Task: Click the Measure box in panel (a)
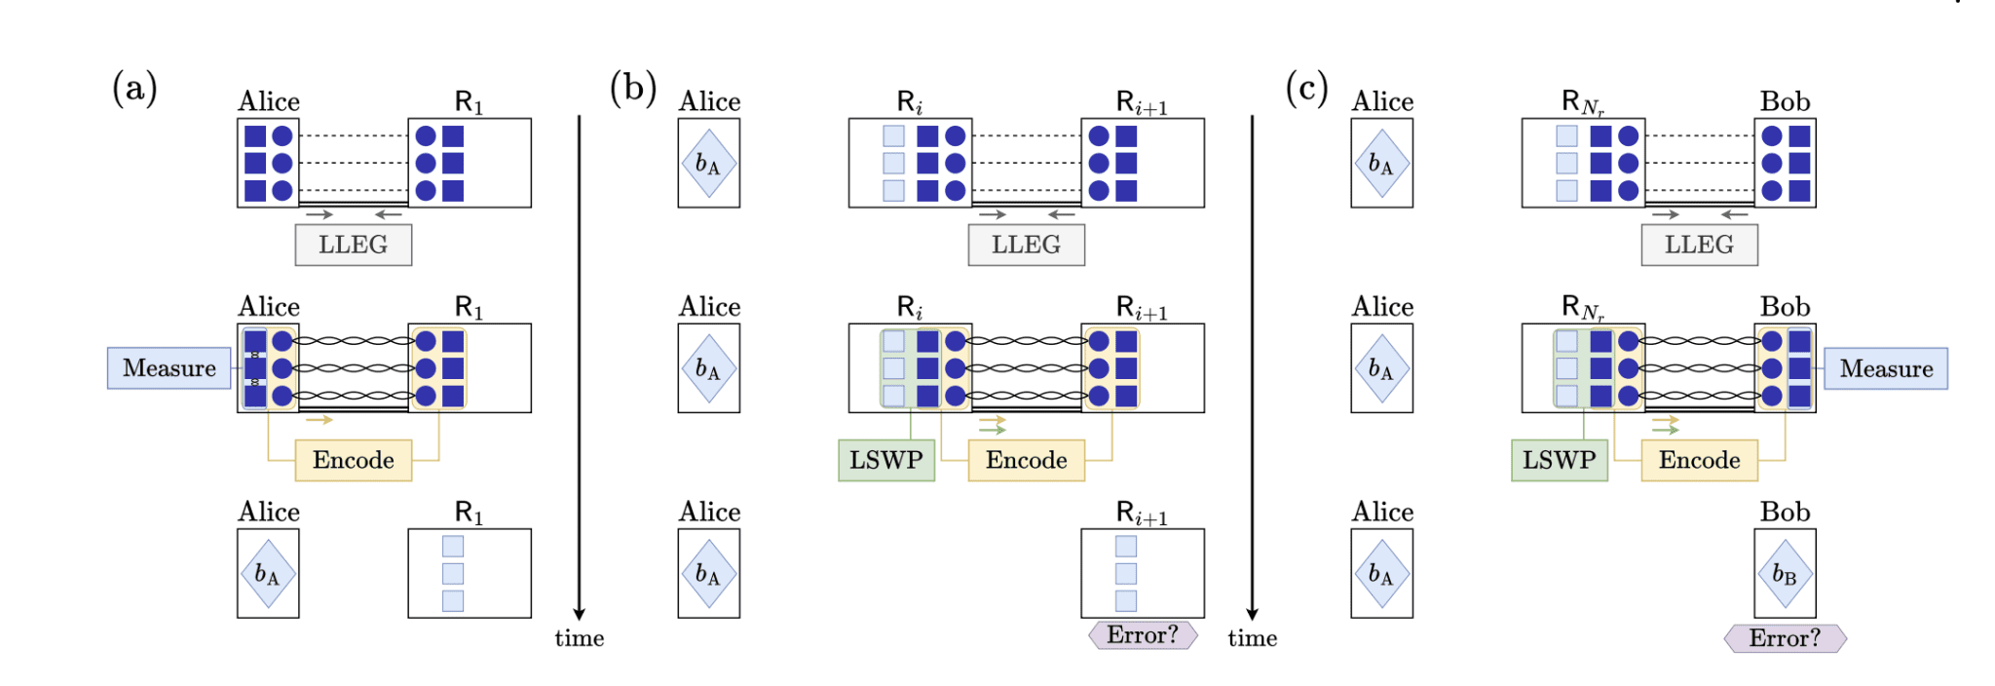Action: click(169, 368)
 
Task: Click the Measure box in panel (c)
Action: click(1885, 368)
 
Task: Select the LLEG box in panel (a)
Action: click(354, 245)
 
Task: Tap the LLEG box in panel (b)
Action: click(1026, 245)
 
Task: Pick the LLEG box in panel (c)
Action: click(1699, 245)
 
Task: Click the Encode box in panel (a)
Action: click(354, 460)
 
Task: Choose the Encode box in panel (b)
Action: click(1026, 460)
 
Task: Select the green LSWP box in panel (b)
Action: click(886, 460)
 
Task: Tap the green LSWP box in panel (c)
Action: click(1560, 460)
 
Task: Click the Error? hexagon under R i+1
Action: click(1143, 635)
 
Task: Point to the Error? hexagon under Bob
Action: click(1785, 638)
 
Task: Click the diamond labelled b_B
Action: click(1785, 574)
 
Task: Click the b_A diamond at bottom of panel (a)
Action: click(268, 574)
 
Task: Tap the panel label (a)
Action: click(134, 88)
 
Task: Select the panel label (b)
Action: click(633, 88)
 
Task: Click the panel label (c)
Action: click(1307, 88)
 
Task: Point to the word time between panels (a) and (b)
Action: click(580, 638)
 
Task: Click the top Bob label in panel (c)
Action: click(1785, 101)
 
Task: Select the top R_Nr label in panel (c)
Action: click(1582, 102)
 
